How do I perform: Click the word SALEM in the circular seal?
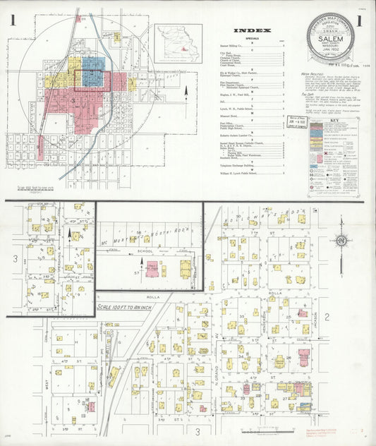click(x=334, y=40)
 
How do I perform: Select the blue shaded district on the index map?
click(x=93, y=71)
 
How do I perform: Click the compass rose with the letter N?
click(x=341, y=241)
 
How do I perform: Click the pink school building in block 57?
click(x=152, y=268)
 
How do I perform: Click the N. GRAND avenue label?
click(x=217, y=384)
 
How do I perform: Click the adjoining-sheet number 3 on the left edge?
click(x=14, y=258)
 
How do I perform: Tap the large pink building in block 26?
click(x=303, y=357)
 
